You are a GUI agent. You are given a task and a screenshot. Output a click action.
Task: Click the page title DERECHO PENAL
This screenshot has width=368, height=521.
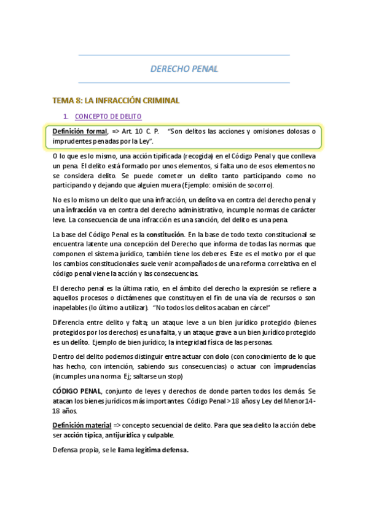tap(184, 69)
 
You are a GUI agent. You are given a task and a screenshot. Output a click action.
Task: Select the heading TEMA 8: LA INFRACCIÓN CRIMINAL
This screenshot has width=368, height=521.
tap(116, 100)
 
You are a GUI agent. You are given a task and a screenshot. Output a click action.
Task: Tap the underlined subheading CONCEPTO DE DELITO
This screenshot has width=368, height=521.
tap(108, 116)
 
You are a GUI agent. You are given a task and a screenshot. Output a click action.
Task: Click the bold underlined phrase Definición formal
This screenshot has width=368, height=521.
tap(80, 131)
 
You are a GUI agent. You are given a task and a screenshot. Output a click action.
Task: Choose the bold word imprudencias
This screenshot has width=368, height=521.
tap(294, 366)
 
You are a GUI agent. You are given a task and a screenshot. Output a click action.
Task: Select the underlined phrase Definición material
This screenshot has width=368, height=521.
tap(82, 425)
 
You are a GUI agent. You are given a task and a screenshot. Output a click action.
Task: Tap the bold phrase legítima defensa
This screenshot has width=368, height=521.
tap(162, 449)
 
